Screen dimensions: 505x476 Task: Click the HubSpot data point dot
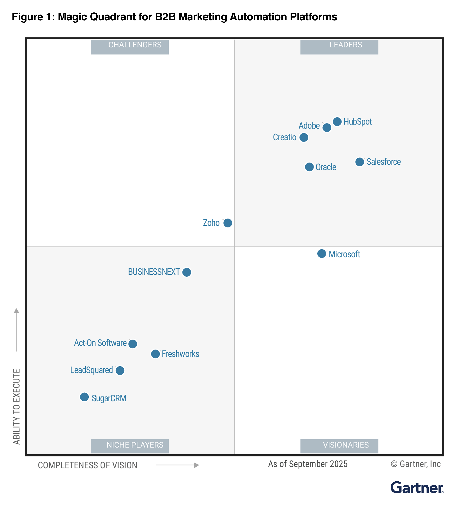pyautogui.click(x=337, y=122)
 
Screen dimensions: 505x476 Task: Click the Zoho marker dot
pyautogui.click(x=228, y=223)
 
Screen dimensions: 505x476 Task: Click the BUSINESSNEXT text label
pyautogui.click(x=154, y=272)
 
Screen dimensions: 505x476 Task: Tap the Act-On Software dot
pyautogui.click(x=133, y=344)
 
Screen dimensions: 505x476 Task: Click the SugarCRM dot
pyautogui.click(x=84, y=397)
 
